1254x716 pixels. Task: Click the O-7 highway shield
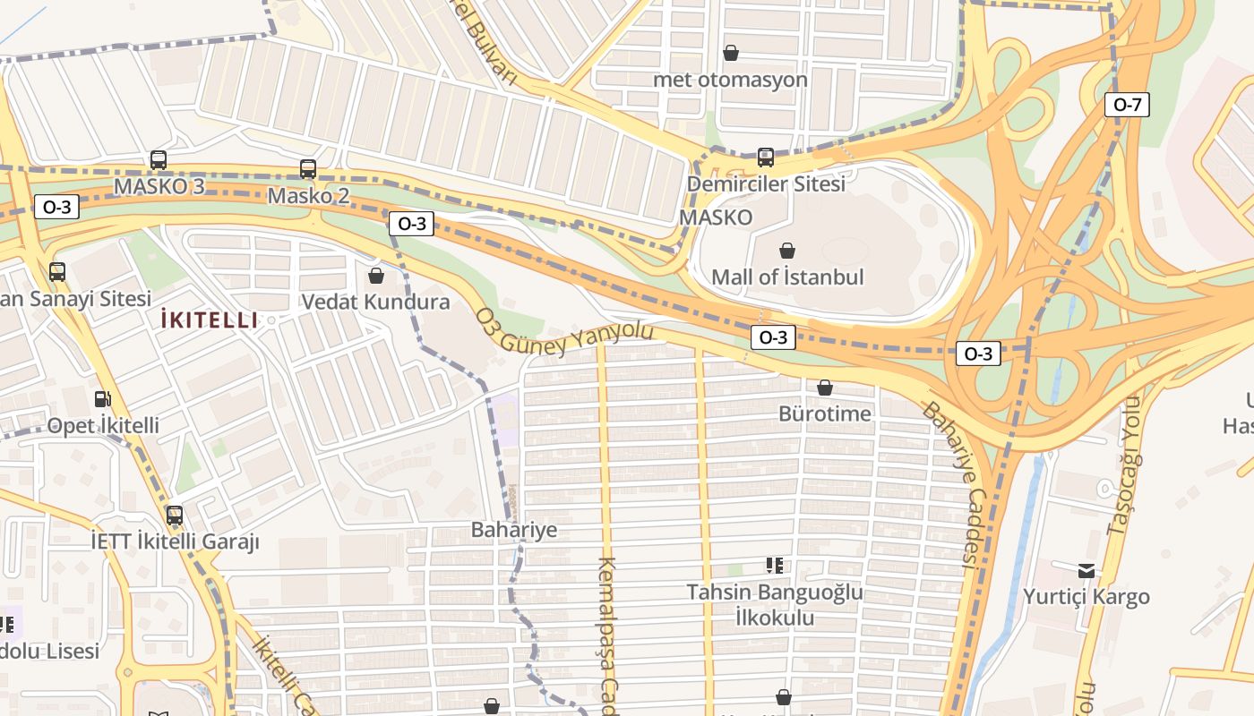(1126, 105)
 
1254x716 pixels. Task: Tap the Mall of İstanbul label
(786, 277)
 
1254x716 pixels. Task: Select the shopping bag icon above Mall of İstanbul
(787, 251)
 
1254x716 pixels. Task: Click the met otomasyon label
(730, 80)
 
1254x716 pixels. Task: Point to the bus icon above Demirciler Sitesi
(765, 158)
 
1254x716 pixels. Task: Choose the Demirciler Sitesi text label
(765, 184)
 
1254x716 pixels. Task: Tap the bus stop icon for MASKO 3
(159, 160)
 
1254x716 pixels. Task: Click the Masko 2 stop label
(308, 195)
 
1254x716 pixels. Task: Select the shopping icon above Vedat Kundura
(376, 275)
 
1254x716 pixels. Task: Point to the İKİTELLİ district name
(209, 320)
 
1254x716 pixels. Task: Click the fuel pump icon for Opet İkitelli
(103, 398)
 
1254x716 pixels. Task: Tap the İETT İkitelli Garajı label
(175, 541)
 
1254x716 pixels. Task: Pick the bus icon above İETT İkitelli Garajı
(175, 516)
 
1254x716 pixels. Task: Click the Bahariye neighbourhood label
(514, 530)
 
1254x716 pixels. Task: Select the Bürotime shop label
(824, 413)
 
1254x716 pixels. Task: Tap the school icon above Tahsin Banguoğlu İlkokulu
(775, 565)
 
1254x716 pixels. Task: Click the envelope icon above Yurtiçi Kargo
(1086, 570)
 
